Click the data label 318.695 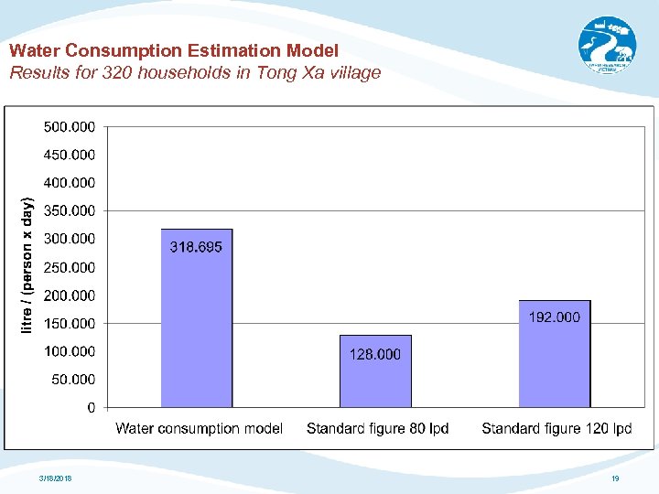tap(196, 247)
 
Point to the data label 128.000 tap(375, 354)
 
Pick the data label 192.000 tap(554, 317)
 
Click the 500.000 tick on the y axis tap(69, 126)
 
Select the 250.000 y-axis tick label tap(69, 267)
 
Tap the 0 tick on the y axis tap(91, 408)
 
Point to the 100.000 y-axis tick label tap(69, 351)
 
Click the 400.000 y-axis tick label tap(69, 183)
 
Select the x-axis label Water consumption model tap(199, 428)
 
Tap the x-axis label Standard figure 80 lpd tap(377, 428)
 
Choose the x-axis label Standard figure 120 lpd tap(556, 428)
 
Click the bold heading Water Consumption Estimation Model tap(174, 50)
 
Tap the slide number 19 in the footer tap(615, 478)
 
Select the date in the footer tap(56, 478)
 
